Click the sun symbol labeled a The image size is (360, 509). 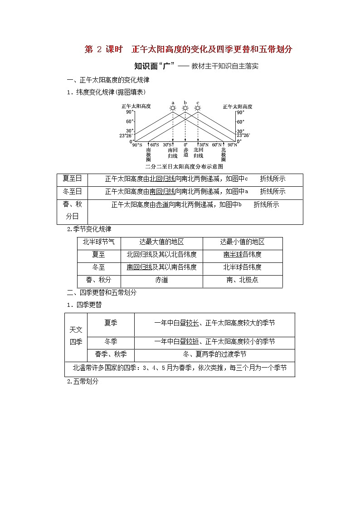coord(172,108)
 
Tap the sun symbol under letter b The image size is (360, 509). coord(185,108)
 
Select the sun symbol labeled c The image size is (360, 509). coord(198,108)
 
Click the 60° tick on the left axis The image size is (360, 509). coord(130,121)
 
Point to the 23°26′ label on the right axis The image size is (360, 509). coord(243,135)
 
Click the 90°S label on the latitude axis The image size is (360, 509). coord(137,145)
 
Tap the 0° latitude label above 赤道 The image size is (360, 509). coord(185,145)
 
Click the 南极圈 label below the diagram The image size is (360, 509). coord(148,154)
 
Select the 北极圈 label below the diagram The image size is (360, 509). coord(223,154)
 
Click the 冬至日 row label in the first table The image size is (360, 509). coord(73,192)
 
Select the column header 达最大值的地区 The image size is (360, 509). coord(161,242)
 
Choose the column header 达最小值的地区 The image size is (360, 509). coord(242,242)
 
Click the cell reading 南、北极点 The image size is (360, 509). coord(242,280)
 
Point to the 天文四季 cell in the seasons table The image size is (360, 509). coord(76,335)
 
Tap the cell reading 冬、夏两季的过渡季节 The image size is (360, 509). coord(214,354)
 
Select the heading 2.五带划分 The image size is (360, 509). coord(83,382)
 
